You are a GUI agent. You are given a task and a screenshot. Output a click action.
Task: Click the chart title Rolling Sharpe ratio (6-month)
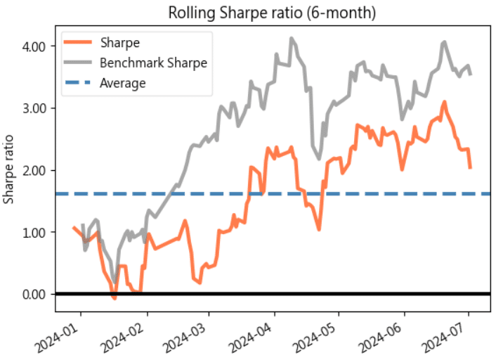271,13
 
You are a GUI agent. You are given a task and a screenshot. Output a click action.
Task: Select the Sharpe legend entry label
120,43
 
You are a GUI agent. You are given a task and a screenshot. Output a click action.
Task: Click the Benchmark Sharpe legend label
154,63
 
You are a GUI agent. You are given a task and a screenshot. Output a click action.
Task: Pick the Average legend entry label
123,83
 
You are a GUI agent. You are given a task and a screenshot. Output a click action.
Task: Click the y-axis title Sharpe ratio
9,169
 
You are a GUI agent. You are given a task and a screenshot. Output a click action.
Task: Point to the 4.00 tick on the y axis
34,46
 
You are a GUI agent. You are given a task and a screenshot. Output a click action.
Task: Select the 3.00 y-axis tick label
34,108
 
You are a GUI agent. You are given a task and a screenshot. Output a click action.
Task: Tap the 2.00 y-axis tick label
34,170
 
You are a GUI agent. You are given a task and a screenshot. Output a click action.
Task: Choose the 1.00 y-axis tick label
34,232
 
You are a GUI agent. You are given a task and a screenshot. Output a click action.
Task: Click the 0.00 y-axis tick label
34,294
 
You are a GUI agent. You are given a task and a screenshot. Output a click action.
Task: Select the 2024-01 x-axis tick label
63,329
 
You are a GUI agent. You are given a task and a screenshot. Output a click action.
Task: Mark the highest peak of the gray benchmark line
292,38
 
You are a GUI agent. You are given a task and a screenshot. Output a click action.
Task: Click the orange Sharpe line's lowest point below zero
115,298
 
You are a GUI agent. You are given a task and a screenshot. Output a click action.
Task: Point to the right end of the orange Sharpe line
470,167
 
